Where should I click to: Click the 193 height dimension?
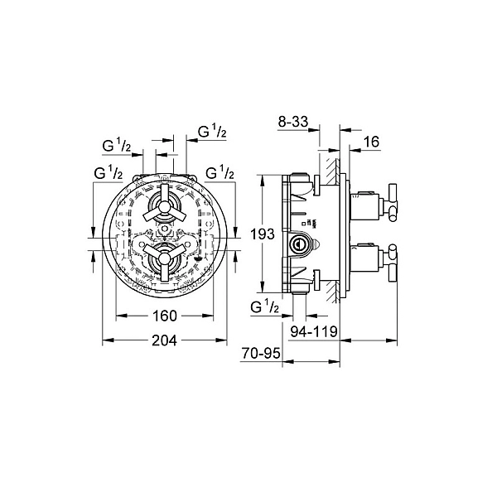point(263,234)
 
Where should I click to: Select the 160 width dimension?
point(165,316)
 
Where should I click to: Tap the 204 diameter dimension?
point(165,340)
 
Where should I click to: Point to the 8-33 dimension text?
point(293,122)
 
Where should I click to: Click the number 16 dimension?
point(371,142)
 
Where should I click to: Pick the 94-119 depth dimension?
point(314,331)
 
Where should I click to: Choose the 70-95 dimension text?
point(261,353)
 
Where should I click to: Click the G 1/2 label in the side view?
point(265,306)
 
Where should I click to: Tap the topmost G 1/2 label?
point(212,131)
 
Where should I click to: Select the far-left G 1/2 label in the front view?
point(109,173)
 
